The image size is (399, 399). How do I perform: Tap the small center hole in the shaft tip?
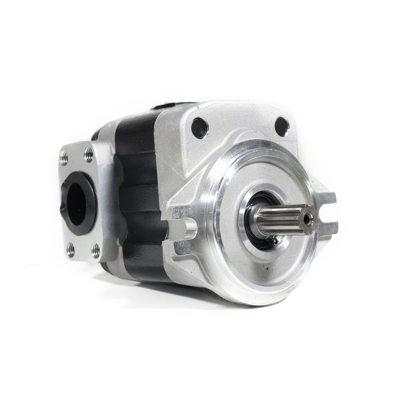[x=310, y=217]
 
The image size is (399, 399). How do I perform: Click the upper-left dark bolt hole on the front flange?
[x=199, y=128]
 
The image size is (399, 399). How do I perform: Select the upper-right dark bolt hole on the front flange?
[x=281, y=127]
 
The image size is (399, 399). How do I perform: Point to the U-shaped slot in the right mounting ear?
[x=327, y=212]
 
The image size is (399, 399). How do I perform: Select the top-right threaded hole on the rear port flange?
[x=89, y=152]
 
